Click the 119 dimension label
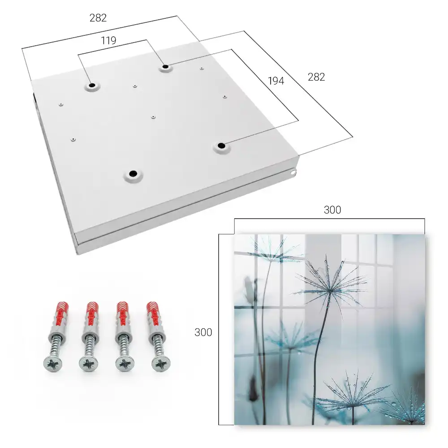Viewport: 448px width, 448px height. pos(108,41)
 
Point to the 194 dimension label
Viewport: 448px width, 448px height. pos(276,81)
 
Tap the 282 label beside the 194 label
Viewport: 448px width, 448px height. pos(316,77)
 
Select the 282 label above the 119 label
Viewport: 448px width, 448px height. pos(98,18)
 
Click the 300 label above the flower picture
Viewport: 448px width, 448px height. pos(332,210)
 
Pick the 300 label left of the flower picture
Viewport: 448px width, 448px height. pos(203,332)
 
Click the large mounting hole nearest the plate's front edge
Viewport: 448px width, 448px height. pos(133,174)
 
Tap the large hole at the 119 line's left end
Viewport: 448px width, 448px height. pos(92,85)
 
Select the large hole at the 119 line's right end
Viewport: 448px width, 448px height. pos(165,67)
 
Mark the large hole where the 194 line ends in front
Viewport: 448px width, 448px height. pos(221,146)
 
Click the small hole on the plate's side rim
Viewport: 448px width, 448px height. pos(293,172)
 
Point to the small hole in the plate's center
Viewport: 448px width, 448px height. pos(153,117)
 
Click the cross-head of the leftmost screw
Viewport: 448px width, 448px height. pos(53,364)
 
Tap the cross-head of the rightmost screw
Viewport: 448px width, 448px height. pos(160,364)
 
